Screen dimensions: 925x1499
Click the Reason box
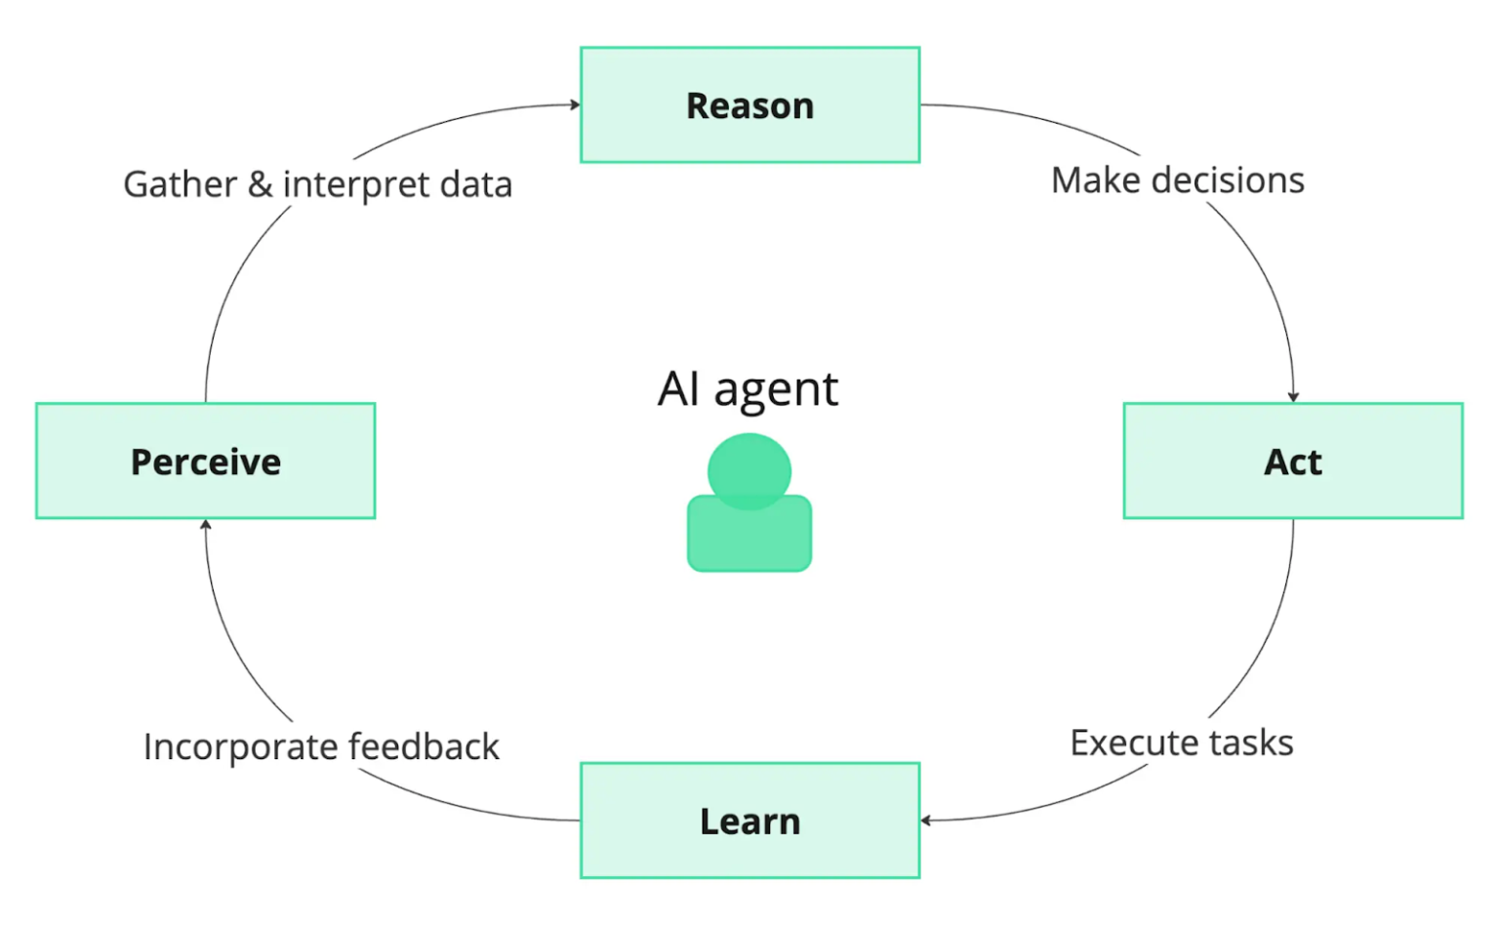tap(749, 105)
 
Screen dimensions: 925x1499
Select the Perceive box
tap(205, 461)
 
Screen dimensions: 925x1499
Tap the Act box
tap(1292, 461)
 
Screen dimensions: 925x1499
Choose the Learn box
tap(749, 821)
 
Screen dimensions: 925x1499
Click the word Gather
tap(181, 184)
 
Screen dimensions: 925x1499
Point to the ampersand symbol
tap(260, 184)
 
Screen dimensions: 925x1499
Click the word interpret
tap(356, 185)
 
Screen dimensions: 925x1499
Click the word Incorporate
tap(240, 747)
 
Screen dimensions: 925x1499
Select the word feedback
tap(424, 747)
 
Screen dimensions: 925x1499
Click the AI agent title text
tap(748, 389)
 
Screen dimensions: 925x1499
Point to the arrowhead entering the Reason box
tap(576, 104)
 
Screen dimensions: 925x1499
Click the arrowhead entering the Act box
tap(1292, 397)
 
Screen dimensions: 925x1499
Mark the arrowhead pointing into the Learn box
tap(925, 821)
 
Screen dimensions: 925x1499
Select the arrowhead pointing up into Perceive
tap(206, 524)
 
